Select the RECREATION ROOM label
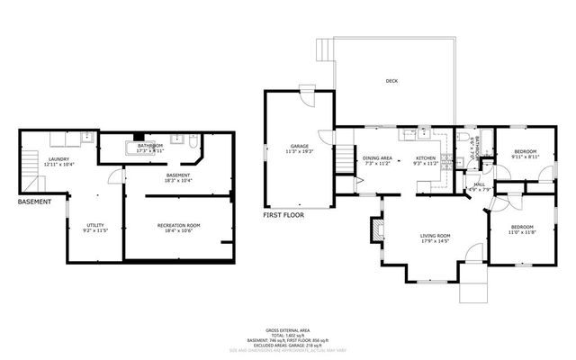(178, 225)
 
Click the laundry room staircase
(28, 162)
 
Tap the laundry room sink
(86, 138)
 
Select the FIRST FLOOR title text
(283, 216)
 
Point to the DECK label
(391, 81)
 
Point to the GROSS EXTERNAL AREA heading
(288, 331)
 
